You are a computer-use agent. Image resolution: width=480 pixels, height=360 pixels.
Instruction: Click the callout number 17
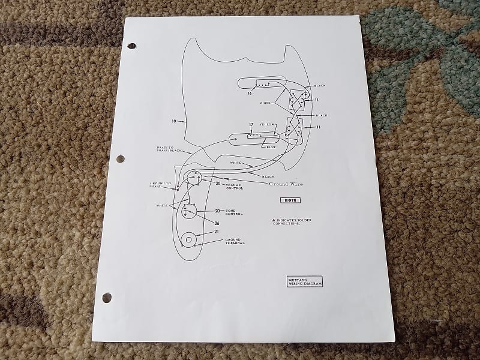click(x=250, y=125)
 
